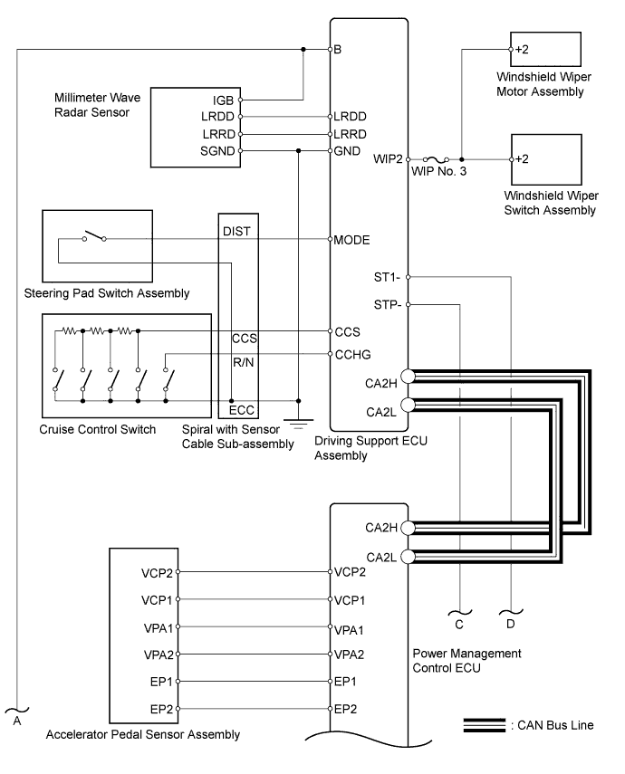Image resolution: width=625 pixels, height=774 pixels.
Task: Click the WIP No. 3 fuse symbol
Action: [436, 159]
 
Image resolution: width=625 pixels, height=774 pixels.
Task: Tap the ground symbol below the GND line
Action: [298, 424]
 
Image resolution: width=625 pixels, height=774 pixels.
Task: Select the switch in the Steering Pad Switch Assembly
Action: [94, 236]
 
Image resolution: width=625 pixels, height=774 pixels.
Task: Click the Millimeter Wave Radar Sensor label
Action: [97, 105]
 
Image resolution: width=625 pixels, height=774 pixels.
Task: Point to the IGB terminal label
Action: [223, 100]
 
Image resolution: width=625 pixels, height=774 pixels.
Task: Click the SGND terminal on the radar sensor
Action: [241, 151]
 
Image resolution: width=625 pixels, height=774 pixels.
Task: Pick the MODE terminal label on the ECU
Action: [351, 240]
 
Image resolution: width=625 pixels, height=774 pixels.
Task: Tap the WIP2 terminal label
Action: [388, 159]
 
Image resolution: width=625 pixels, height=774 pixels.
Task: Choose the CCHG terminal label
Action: [352, 355]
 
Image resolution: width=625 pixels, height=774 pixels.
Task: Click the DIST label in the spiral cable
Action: [236, 231]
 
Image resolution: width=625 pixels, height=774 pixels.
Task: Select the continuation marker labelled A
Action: [17, 717]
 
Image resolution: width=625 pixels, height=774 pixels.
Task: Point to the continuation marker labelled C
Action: [459, 620]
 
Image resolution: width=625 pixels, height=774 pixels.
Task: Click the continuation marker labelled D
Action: [511, 619]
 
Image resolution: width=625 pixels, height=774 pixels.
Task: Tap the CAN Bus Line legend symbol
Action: [485, 725]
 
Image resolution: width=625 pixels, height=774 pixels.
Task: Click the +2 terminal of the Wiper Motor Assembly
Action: [511, 50]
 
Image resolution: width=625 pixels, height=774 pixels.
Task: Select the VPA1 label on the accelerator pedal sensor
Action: [159, 628]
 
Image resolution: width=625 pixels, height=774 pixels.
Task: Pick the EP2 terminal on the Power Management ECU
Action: [331, 709]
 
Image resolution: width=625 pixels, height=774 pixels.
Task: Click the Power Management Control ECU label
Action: [466, 661]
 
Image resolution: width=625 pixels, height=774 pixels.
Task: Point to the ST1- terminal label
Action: [387, 277]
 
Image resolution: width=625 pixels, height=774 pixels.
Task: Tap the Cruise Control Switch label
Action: [97, 429]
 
